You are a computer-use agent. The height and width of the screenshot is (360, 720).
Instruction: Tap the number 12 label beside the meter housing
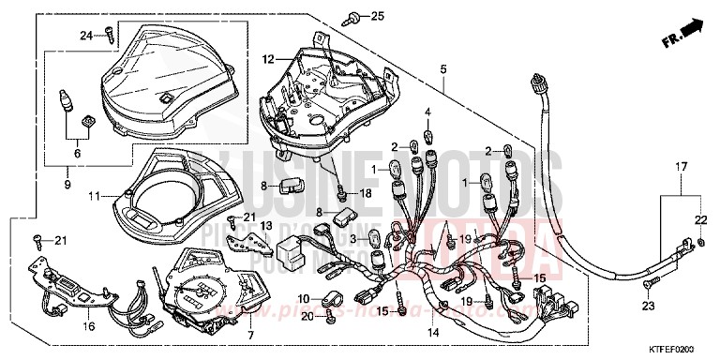(268, 59)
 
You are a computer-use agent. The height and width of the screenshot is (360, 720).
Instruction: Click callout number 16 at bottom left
(90, 327)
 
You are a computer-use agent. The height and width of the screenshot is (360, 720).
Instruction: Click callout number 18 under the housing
(366, 192)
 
